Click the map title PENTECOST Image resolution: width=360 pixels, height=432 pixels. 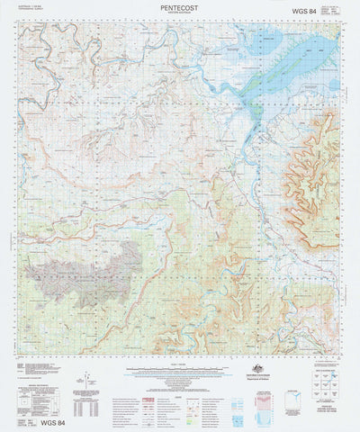click(x=179, y=7)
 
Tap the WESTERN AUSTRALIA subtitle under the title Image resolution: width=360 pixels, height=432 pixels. click(x=179, y=13)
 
